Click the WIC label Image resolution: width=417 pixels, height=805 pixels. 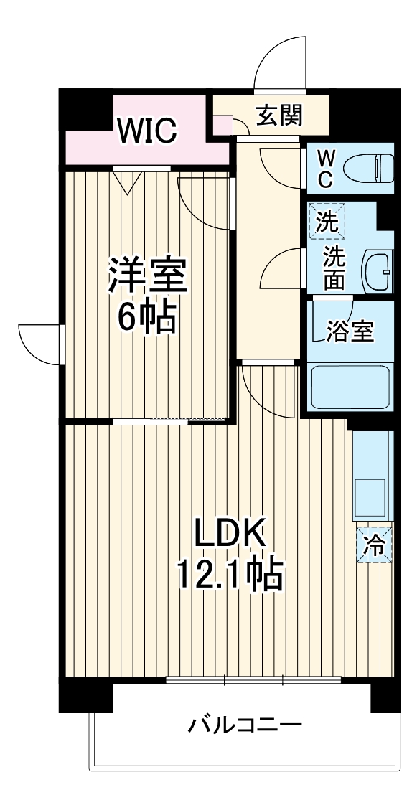(x=147, y=131)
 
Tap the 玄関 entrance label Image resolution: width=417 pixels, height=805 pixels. (x=280, y=116)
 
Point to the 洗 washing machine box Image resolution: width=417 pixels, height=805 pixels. (x=327, y=221)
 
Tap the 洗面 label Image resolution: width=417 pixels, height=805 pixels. (x=332, y=268)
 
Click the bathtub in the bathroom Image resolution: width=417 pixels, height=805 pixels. (x=350, y=387)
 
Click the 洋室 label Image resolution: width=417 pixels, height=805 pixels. (x=148, y=275)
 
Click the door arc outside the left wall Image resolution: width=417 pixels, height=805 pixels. (x=39, y=343)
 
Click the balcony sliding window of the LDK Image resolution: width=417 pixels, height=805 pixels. (x=253, y=679)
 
